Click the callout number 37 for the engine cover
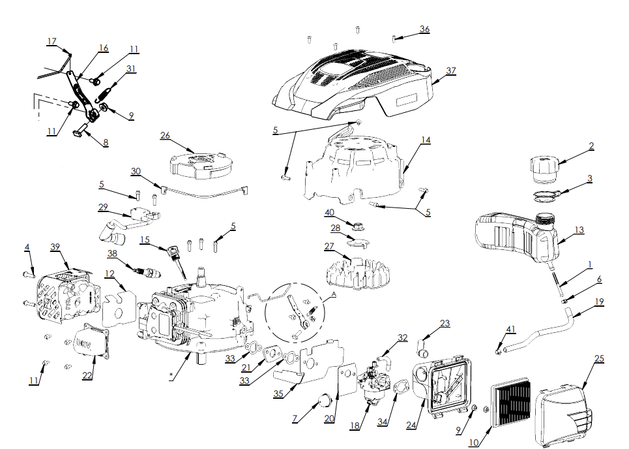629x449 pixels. point(450,70)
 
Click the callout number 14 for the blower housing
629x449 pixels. point(426,140)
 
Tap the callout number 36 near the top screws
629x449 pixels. point(424,29)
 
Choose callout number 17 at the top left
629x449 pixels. point(52,42)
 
